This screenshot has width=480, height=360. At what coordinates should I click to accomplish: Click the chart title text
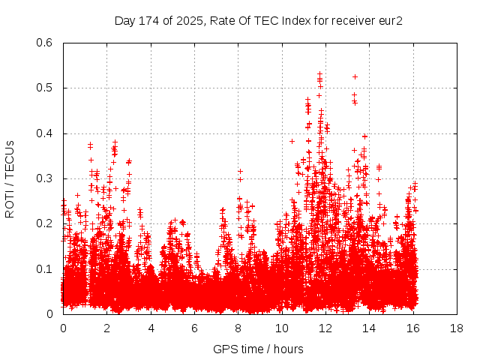[258, 21]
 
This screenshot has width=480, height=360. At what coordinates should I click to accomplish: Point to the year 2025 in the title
[190, 21]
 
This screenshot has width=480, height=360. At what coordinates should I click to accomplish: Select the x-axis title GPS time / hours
[258, 349]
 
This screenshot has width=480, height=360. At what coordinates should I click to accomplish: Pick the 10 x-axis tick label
[282, 328]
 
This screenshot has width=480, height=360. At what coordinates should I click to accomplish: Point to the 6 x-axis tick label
[194, 328]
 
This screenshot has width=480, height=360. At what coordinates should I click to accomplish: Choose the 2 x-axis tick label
[106, 328]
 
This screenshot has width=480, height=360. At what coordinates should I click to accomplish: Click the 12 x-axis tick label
[325, 328]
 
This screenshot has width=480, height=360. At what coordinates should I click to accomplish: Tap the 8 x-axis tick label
[238, 328]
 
